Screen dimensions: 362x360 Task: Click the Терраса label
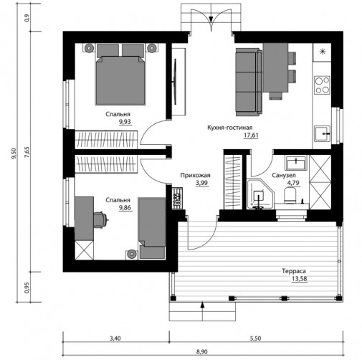click(294, 271)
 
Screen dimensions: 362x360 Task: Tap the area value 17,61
click(251, 135)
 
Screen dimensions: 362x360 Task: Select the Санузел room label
click(284, 175)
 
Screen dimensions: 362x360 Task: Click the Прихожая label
click(195, 175)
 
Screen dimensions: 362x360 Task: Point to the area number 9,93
click(125, 122)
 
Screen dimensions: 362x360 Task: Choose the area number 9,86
click(125, 208)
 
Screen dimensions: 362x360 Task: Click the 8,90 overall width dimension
click(202, 351)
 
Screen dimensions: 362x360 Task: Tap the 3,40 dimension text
click(115, 338)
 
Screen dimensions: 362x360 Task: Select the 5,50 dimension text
click(255, 338)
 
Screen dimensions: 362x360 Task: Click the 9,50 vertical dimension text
click(14, 153)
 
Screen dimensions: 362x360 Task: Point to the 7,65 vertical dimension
click(27, 152)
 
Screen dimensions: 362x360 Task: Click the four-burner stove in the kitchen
click(322, 85)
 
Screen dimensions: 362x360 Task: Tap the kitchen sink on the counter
click(322, 133)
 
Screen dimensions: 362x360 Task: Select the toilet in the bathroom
click(290, 195)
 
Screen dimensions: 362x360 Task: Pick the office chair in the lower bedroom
click(101, 219)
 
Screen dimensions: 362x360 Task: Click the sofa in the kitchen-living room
click(249, 82)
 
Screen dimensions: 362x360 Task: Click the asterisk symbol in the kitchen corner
click(323, 52)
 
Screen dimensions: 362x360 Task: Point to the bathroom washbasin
click(296, 164)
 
